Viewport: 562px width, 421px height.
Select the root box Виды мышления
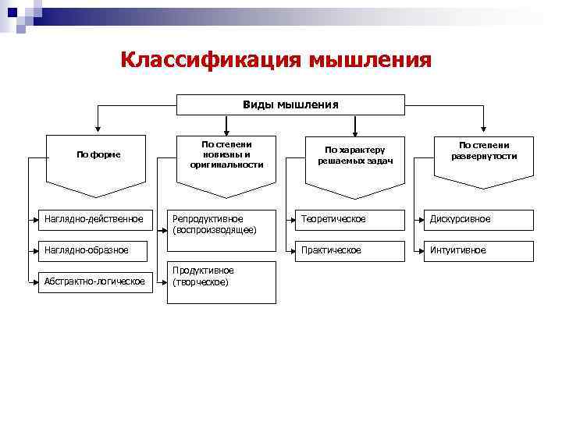point(290,104)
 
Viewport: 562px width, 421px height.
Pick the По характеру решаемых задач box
point(354,155)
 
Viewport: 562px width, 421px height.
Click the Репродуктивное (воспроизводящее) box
point(223,225)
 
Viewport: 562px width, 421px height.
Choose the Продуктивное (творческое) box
point(223,281)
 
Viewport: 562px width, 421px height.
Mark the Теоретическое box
point(354,219)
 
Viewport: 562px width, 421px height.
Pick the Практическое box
point(354,250)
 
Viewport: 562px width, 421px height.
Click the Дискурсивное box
point(482,219)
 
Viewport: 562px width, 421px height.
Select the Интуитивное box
point(482,250)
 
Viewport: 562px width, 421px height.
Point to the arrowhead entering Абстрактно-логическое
point(36,281)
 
